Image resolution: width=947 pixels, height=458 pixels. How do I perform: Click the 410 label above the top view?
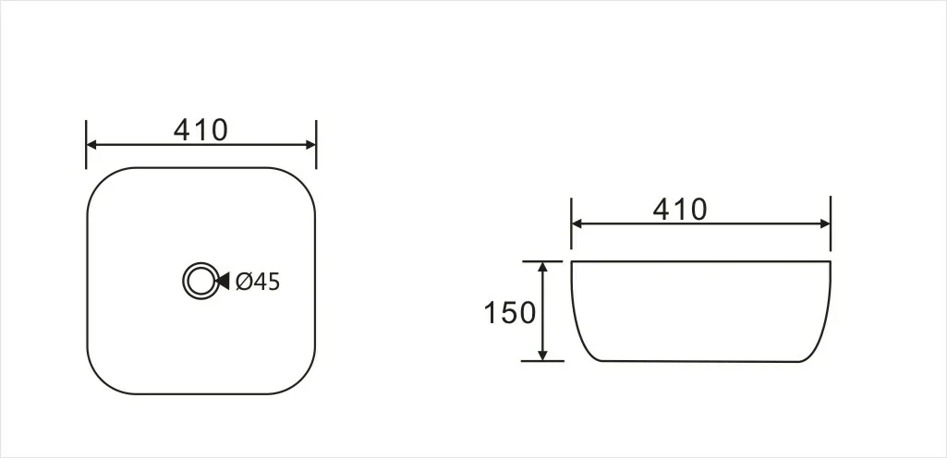pos(200,130)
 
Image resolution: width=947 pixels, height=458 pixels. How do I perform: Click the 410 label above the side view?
pos(679,210)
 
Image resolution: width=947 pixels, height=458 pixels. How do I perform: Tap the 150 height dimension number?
pos(510,313)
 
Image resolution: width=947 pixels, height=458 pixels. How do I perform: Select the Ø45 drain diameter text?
pos(258,282)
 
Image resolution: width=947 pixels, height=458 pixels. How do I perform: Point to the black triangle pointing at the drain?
pos(223,281)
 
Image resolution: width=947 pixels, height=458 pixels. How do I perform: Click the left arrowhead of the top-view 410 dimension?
pos(91,145)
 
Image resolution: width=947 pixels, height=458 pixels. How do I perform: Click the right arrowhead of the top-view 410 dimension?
pos(310,145)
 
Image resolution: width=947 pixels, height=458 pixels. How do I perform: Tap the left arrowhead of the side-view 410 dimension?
pos(577,223)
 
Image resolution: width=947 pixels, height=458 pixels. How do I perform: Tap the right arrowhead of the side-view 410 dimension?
pos(824,223)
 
